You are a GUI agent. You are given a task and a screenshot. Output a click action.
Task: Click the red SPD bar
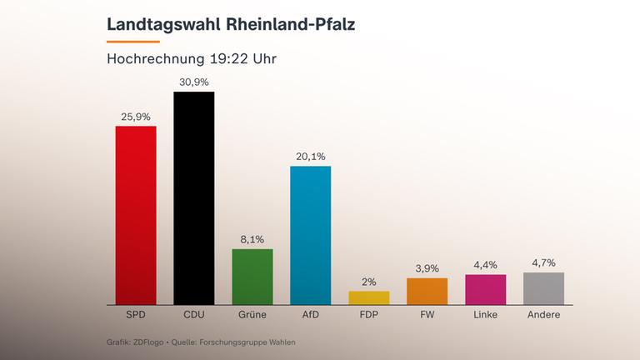pos(136,215)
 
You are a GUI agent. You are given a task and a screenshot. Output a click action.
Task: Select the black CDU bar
pos(193,198)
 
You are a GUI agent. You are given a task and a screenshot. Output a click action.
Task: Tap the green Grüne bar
pos(252,277)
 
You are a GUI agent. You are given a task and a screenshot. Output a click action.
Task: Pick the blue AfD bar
pos(310,235)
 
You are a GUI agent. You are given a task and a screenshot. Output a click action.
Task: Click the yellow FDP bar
pos(368,297)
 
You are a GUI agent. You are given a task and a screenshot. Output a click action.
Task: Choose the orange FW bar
pos(427,292)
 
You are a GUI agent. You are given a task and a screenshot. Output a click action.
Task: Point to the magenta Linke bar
pos(485,289)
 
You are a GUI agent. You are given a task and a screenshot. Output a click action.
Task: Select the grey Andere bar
pos(543,288)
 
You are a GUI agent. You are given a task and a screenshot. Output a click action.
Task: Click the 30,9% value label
pos(193,82)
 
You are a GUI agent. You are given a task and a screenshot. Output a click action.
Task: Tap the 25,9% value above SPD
pos(136,117)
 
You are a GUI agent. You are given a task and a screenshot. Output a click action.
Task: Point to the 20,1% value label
pos(310,156)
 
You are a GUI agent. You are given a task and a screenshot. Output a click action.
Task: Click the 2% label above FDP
pos(368,282)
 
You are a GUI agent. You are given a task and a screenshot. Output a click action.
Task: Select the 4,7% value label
pos(543,262)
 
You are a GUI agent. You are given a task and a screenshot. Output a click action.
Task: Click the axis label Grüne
pos(252,315)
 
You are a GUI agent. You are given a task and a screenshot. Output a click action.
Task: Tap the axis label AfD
pos(310,315)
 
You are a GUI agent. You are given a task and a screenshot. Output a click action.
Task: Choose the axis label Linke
pos(485,315)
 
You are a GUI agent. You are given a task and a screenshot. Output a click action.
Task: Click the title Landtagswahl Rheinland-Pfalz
pos(231,24)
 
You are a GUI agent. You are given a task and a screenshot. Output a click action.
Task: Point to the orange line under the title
pos(132,41)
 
